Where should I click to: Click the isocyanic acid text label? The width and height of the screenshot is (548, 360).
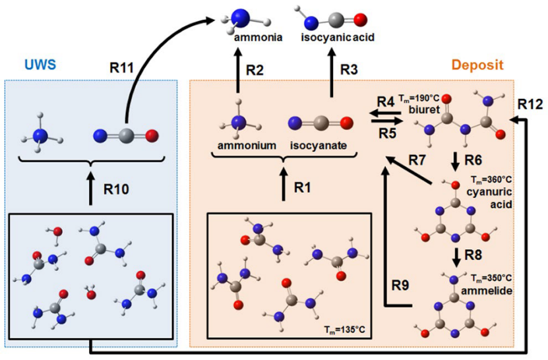(337, 38)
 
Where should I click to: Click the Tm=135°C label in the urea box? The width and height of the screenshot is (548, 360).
(343, 330)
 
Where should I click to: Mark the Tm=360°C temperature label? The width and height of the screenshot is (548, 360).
(490, 179)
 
